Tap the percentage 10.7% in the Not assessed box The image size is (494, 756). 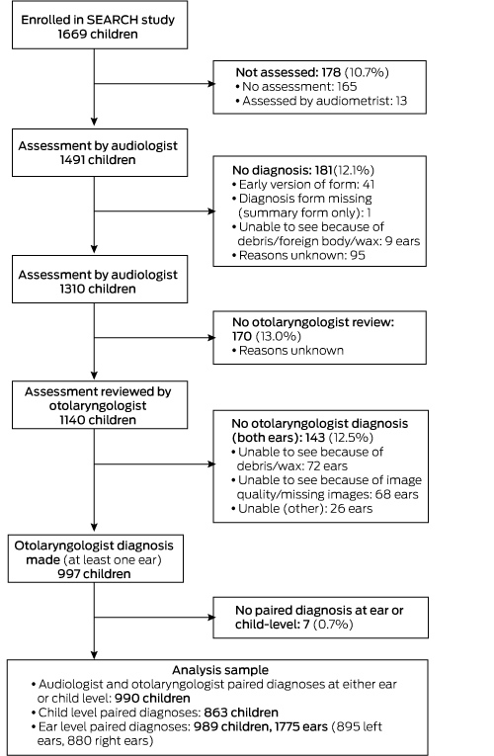pos(367,72)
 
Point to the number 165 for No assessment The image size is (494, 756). pos(347,87)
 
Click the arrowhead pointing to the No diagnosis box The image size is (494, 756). pos(211,210)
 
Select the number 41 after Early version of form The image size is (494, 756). pos(369,184)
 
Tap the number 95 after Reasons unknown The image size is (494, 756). pos(358,256)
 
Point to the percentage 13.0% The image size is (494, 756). pos(279,336)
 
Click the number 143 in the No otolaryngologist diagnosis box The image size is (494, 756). pos(315,438)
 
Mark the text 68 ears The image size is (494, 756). pos(400,494)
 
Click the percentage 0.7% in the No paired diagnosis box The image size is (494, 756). pos(333,625)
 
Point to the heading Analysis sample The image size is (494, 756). pos(220,670)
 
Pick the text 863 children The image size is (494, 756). pos(241,713)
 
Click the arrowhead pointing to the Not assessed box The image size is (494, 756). pos(211,83)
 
